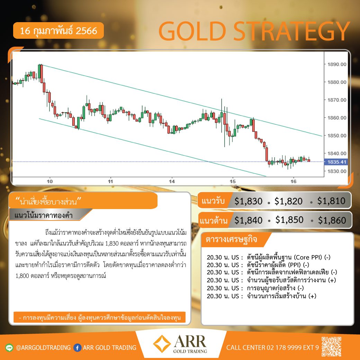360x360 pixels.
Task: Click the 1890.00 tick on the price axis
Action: (336, 64)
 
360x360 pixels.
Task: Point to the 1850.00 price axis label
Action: (336, 135)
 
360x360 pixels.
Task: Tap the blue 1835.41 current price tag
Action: (336, 162)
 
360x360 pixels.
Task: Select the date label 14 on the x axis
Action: (172, 181)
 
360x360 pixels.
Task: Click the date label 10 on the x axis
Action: (50, 181)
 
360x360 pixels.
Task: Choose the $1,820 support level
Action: (288, 201)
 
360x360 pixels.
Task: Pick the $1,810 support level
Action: (331, 201)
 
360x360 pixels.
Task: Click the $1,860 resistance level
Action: (332, 220)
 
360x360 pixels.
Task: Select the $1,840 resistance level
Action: (248, 220)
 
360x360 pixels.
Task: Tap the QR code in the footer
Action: (331, 346)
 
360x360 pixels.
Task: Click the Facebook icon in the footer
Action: (78, 348)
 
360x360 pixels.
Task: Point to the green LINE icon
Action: (9, 348)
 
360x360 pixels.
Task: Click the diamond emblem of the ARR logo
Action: (162, 344)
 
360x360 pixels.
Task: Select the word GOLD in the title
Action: (192, 31)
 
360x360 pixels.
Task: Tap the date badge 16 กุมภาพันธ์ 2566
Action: (58, 30)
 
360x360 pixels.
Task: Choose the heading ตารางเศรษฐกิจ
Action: (232, 239)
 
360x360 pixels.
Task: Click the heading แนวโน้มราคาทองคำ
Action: (43, 215)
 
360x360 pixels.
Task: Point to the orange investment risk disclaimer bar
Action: (99, 317)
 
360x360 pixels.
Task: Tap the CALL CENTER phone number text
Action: (272, 348)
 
